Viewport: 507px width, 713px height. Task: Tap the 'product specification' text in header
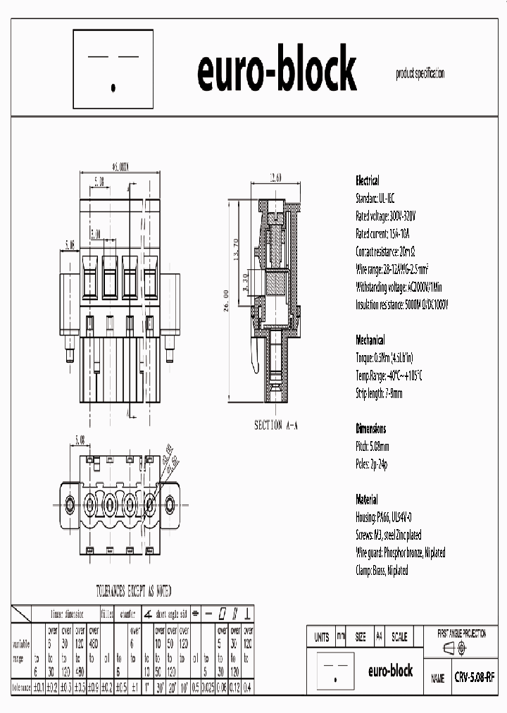point(420,74)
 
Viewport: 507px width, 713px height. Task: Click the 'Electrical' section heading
point(368,180)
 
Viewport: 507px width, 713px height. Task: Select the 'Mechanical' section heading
point(370,338)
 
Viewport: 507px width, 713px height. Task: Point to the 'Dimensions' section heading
point(371,428)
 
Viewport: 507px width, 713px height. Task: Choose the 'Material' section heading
point(367,500)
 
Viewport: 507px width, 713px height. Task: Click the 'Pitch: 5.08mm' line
point(373,447)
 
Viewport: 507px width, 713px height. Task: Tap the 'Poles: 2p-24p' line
point(372,464)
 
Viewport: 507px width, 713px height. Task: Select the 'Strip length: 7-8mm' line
point(380,393)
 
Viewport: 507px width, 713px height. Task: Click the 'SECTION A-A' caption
point(277,426)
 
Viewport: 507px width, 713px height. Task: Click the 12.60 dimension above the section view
point(276,178)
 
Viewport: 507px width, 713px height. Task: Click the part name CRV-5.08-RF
point(474,677)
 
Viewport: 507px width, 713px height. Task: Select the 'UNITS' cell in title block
point(321,637)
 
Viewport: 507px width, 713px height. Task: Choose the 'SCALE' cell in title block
point(399,637)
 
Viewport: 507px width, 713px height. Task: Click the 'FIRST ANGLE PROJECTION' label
point(461,634)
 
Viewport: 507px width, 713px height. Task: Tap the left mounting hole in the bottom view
point(70,504)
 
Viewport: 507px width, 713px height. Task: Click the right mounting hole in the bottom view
point(170,504)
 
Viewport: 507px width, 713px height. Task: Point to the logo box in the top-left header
point(113,69)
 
